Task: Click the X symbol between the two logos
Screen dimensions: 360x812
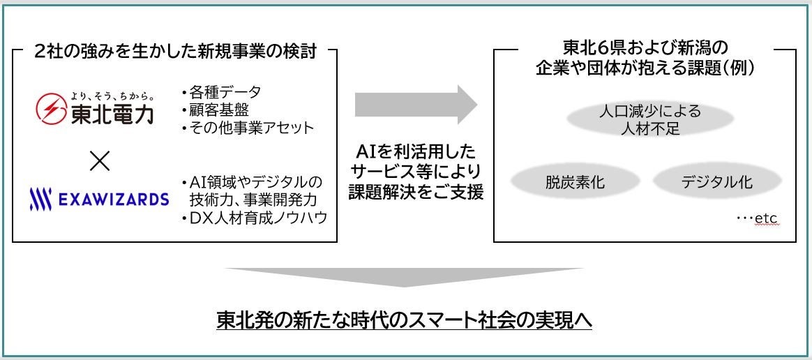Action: (100, 161)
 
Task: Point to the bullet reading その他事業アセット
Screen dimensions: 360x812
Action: (247, 128)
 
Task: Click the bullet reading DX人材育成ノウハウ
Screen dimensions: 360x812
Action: (254, 218)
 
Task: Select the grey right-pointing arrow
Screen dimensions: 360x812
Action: (416, 105)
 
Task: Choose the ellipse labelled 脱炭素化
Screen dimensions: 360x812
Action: (575, 183)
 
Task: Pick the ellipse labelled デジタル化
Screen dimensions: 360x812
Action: (716, 183)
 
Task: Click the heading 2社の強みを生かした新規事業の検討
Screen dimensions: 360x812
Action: (174, 52)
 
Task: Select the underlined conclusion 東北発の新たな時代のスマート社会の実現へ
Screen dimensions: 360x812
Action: (405, 320)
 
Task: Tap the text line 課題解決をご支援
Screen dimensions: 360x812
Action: (417, 192)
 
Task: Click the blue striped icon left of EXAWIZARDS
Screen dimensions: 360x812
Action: (40, 200)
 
